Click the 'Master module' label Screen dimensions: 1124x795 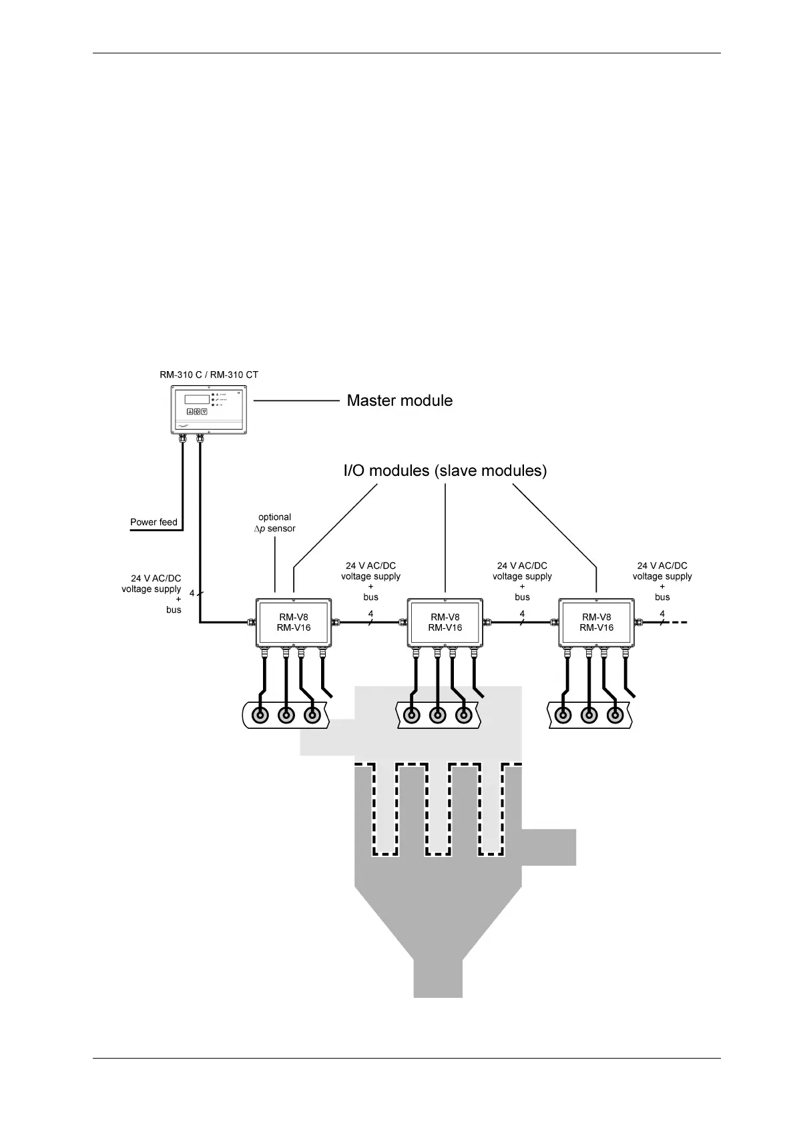pos(399,400)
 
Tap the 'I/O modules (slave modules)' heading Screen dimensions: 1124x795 pos(445,471)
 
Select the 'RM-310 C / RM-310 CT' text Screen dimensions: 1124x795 pos(209,374)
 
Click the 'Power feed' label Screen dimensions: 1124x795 pos(154,522)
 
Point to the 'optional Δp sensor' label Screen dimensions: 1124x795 pos(275,523)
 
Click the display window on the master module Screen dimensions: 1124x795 pos(197,399)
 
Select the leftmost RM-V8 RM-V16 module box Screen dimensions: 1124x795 pos(294,622)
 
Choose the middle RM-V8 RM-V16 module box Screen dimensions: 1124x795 pos(445,622)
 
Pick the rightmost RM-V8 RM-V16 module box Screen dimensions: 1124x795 pos(596,622)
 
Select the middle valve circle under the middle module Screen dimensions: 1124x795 pos(437,715)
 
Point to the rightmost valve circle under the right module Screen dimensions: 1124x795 pos(614,715)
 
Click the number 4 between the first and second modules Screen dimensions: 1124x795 pos(370,613)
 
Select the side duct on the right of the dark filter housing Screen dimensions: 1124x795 pos(548,847)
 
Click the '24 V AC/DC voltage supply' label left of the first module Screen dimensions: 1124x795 pos(152,583)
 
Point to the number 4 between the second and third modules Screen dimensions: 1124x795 pos(522,613)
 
